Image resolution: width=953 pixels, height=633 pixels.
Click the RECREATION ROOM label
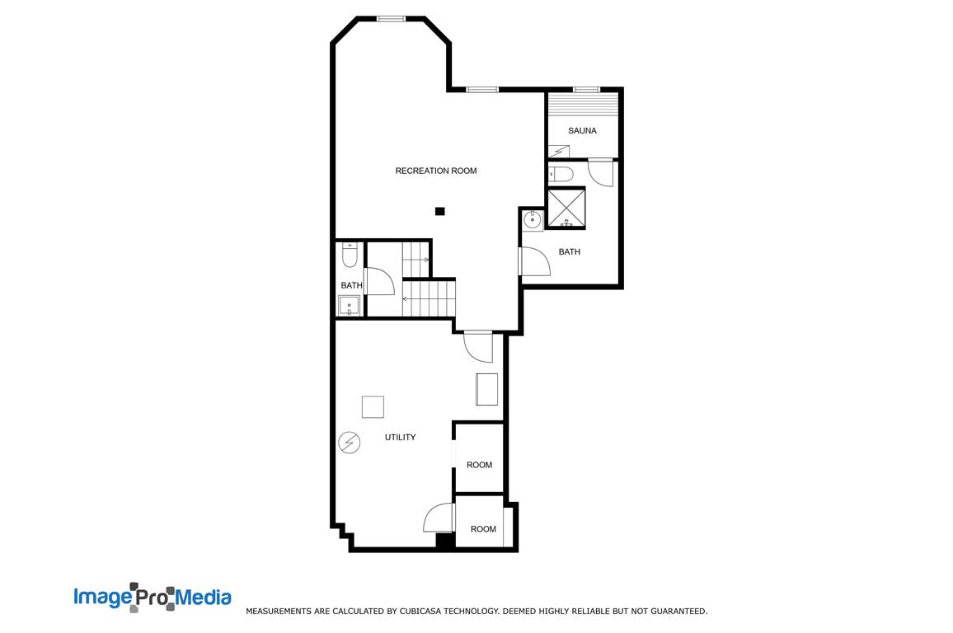436,171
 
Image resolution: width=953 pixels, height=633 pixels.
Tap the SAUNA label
582,130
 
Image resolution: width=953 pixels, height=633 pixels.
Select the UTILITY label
400,437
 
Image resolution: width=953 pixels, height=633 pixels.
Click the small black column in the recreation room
440,211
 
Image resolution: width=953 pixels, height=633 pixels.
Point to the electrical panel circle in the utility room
350,443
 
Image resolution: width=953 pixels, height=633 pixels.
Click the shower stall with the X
566,208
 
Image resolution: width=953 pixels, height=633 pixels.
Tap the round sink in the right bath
533,220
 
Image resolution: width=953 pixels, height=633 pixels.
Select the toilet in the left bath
350,256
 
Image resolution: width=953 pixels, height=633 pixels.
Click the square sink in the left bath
349,306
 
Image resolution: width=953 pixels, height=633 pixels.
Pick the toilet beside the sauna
561,174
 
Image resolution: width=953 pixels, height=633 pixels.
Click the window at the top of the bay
391,19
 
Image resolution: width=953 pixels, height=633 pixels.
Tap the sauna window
586,90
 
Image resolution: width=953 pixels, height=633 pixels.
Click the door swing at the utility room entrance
478,347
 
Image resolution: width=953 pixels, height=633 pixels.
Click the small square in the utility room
373,407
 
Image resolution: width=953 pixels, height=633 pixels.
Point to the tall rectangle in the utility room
487,389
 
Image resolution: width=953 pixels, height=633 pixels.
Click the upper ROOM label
480,465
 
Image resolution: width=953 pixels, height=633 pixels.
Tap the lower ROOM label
483,529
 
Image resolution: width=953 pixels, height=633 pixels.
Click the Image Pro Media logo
153,598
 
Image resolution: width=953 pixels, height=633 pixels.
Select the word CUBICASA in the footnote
420,611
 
